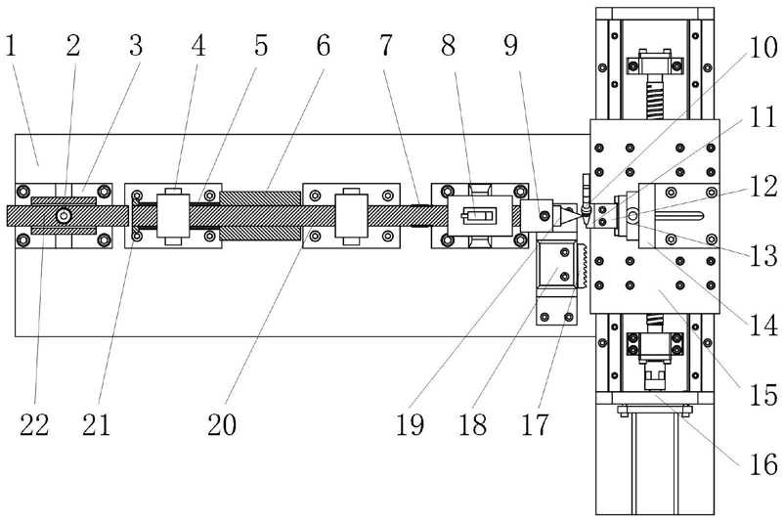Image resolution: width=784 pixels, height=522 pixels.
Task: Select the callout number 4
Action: (x=198, y=45)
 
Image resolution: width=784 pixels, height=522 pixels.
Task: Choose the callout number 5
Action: (x=260, y=45)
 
